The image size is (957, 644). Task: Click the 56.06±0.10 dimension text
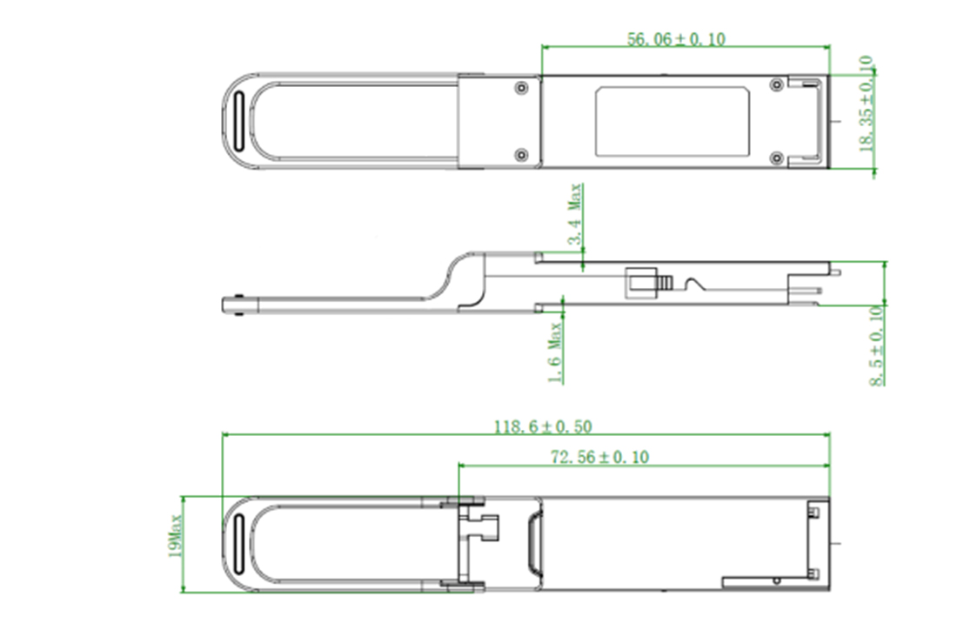click(x=676, y=39)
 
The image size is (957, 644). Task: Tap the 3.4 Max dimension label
click(x=575, y=214)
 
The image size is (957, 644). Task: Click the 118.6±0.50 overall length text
click(x=543, y=426)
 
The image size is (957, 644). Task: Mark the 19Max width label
click(x=175, y=536)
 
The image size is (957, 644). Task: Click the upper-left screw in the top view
click(x=520, y=88)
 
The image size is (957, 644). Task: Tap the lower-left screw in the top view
click(x=520, y=155)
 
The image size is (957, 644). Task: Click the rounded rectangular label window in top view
click(x=673, y=121)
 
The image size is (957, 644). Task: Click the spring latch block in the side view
click(x=639, y=284)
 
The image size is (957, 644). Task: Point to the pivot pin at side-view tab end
click(x=239, y=305)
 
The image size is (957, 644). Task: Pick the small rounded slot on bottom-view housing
click(x=533, y=545)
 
